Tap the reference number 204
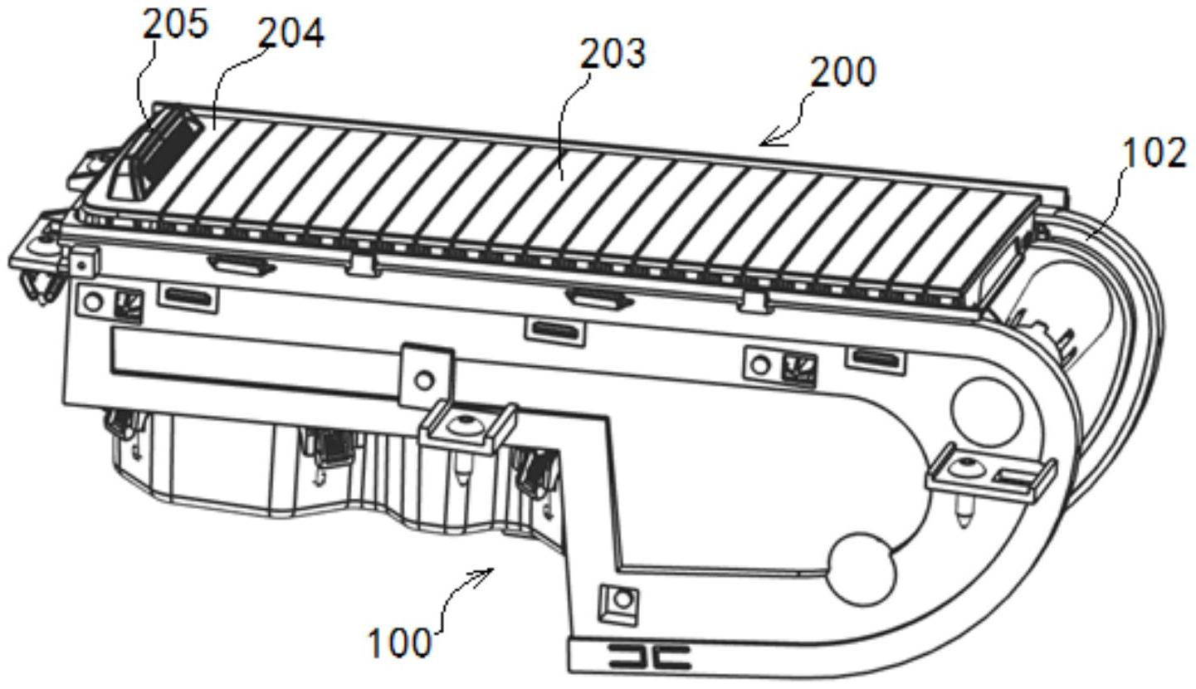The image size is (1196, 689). pyautogui.click(x=290, y=33)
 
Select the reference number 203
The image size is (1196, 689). pyautogui.click(x=612, y=55)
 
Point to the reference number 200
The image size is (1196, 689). pyautogui.click(x=842, y=72)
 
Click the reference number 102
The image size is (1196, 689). pyautogui.click(x=1154, y=154)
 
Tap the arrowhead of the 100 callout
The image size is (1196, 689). pyautogui.click(x=490, y=572)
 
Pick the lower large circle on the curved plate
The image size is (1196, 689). pyautogui.click(x=864, y=569)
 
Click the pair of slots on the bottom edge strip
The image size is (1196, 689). pyautogui.click(x=650, y=658)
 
